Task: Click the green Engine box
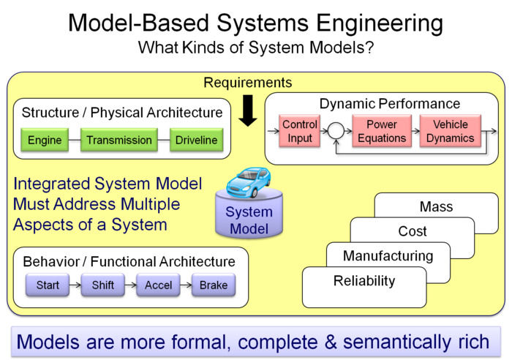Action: click(45, 140)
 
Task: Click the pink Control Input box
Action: click(300, 132)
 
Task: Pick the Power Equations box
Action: click(382, 132)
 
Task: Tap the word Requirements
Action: click(247, 83)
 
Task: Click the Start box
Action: click(48, 285)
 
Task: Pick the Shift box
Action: click(103, 285)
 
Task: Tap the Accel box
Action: click(158, 285)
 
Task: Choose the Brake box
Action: click(214, 285)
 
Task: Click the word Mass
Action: click(437, 207)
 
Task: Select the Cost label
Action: click(413, 231)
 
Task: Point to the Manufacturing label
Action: click(388, 256)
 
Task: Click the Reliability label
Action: click(364, 281)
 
